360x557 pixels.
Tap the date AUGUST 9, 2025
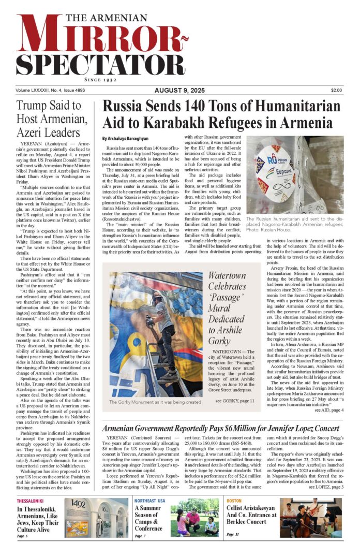coord(179,91)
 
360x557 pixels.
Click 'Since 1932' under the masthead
coord(101,81)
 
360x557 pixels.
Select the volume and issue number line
coord(50,91)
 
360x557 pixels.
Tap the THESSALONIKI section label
coord(32,501)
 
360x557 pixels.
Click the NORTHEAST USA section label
coord(149,501)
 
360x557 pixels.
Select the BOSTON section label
coord(234,501)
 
